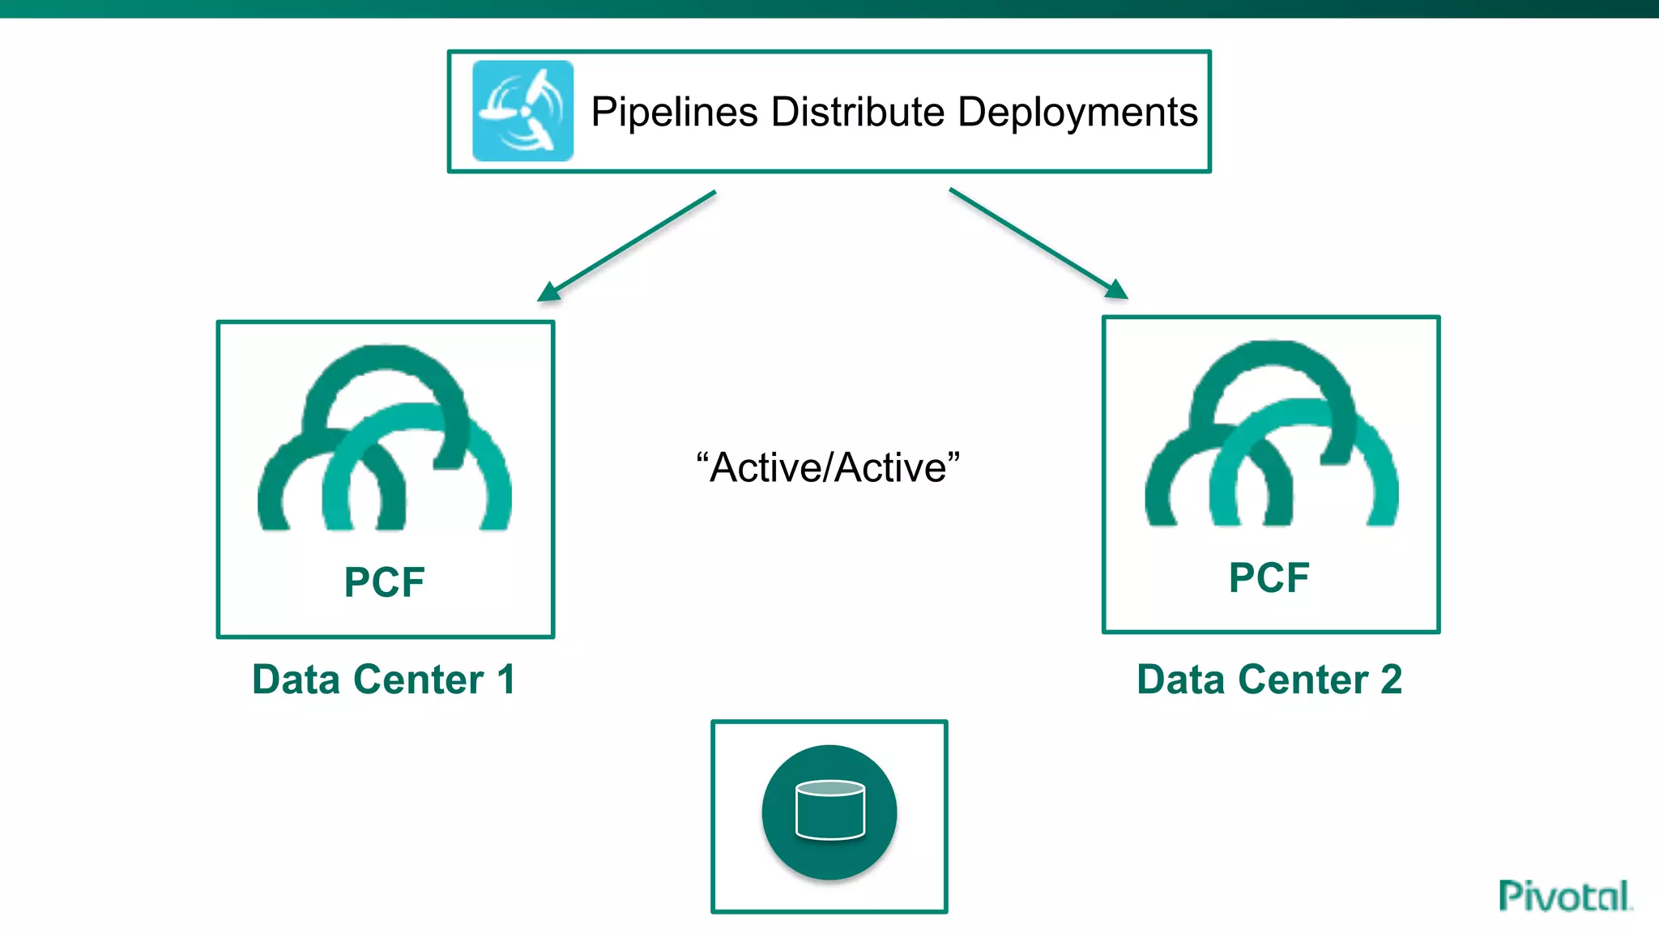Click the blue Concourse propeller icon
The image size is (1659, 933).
(x=522, y=111)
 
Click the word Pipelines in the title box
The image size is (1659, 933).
(x=674, y=112)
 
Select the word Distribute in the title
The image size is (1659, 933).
(x=858, y=112)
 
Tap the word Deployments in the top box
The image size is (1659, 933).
(x=1077, y=112)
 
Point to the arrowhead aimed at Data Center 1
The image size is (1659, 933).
(x=548, y=292)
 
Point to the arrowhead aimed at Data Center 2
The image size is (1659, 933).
(x=1118, y=290)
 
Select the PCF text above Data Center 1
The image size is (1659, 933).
(x=384, y=582)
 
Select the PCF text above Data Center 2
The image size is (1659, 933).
(x=1269, y=577)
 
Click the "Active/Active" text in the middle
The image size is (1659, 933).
(x=828, y=467)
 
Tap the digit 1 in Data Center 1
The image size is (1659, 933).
(x=506, y=679)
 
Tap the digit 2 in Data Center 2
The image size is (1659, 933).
(x=1391, y=679)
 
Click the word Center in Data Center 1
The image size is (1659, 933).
(x=419, y=679)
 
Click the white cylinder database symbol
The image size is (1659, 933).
(x=830, y=810)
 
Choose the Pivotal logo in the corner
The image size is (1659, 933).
(x=1564, y=896)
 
